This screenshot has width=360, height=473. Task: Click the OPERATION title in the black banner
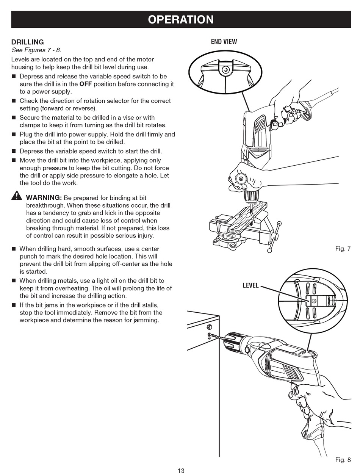pos(180,20)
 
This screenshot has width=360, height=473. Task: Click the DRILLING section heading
pos(28,42)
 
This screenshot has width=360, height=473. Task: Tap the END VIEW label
pos(224,41)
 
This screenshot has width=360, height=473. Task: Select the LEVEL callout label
pos(250,285)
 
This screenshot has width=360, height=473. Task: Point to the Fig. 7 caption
pos(343,249)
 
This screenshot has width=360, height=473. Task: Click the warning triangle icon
pos(17,196)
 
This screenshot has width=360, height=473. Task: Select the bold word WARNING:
pos(44,197)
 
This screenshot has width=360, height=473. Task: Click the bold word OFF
pos(86,84)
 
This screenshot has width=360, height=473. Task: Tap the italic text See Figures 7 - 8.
pos(36,50)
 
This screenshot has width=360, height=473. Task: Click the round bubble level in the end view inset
pos(225,70)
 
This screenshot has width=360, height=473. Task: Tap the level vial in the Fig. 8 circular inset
pos(314,301)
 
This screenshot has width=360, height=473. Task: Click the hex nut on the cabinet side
pos(209,327)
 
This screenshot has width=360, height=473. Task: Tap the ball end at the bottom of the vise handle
pos(269,251)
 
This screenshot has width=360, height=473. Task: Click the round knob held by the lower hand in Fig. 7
pos(241,179)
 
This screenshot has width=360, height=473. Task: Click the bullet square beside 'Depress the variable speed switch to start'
pos(14,151)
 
